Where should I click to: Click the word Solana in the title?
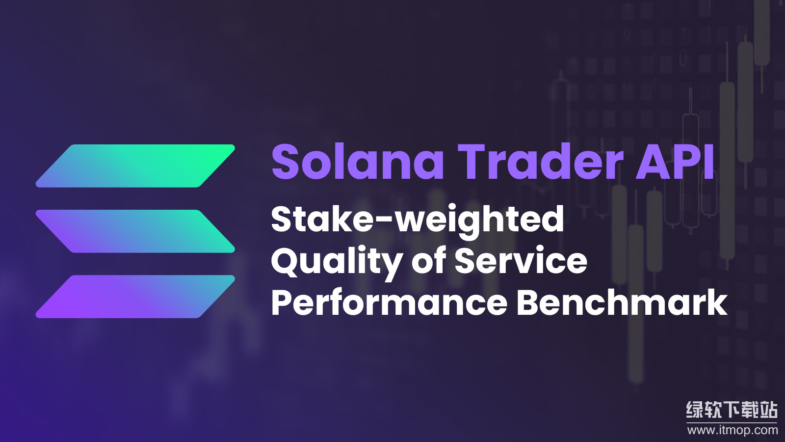click(x=358, y=162)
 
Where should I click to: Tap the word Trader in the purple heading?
click(x=540, y=162)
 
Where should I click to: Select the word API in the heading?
click(x=675, y=162)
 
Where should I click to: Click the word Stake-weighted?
click(x=418, y=220)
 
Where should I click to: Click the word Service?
click(x=521, y=261)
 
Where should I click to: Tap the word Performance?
click(x=389, y=303)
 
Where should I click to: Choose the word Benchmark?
click(x=622, y=303)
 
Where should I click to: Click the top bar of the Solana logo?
click(x=135, y=166)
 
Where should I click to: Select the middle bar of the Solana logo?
click(x=135, y=231)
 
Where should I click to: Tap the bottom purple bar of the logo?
click(x=135, y=297)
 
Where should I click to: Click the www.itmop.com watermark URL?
click(x=733, y=430)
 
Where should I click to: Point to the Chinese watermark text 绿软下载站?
click(x=732, y=410)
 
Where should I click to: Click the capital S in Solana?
click(x=286, y=162)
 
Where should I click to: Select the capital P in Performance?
click(x=282, y=303)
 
